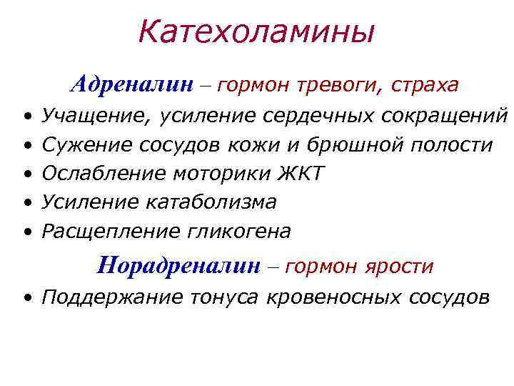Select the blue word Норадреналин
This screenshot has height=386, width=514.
point(179,266)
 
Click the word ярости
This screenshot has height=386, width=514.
point(400,267)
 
